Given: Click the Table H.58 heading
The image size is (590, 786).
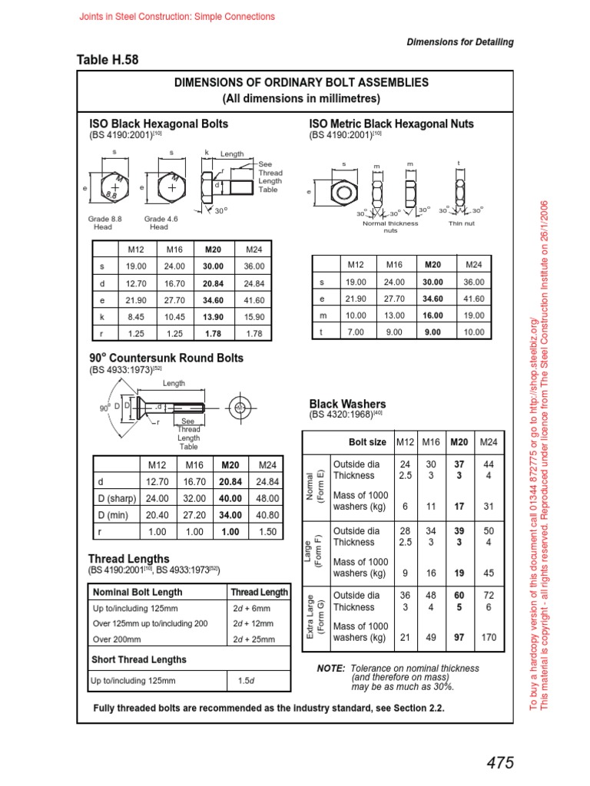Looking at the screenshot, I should pos(108,60).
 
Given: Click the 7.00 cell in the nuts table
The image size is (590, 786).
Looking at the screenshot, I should pos(355,332).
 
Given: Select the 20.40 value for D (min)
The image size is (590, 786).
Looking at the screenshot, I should pos(157,514).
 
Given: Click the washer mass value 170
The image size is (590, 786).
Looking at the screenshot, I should pos(488,637).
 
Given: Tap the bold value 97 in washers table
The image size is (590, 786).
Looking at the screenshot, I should pos(459,637).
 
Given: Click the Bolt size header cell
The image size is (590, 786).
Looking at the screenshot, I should pos(367,442).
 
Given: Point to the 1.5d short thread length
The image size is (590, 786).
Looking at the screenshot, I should pos(245,680).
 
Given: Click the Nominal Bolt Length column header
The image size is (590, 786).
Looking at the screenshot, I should pos(138,592).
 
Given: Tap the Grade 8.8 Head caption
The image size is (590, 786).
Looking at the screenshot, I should pos(103,223).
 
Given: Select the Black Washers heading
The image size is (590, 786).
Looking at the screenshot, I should pos(347,404).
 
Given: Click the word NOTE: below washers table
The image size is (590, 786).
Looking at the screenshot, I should pos(330,669).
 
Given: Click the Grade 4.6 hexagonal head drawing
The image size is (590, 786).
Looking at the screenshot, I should pos(171,187).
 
